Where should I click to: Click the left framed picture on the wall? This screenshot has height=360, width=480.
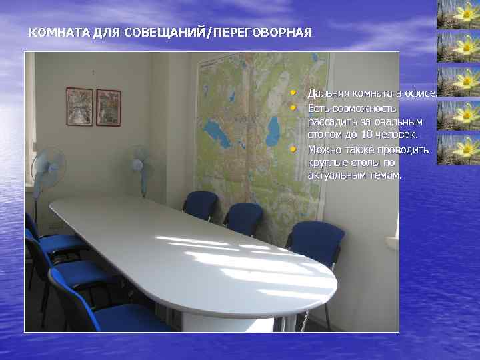pyautogui.click(x=79, y=107)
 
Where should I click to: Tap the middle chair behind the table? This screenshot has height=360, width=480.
pyautogui.click(x=244, y=216)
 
